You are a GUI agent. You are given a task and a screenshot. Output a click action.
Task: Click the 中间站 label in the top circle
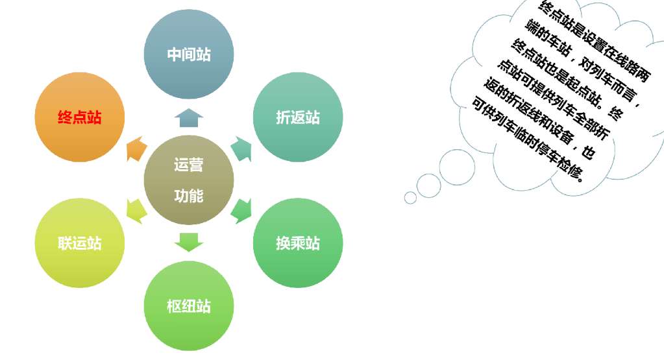(x=188, y=54)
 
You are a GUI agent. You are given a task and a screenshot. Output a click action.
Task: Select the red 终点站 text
(x=80, y=118)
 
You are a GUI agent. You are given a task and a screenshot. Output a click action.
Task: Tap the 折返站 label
(x=298, y=118)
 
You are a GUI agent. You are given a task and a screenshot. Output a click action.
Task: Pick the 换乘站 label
(x=298, y=244)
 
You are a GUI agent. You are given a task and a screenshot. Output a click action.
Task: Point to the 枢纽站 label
(x=188, y=306)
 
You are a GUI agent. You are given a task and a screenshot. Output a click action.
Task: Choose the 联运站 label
(x=80, y=244)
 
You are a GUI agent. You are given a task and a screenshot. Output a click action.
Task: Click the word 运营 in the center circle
(x=188, y=165)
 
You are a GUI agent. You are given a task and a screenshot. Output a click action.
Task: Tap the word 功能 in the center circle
(x=188, y=196)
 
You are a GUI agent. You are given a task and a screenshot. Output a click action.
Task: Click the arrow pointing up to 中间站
(x=188, y=117)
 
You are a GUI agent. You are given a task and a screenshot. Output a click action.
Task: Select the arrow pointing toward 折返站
(x=241, y=149)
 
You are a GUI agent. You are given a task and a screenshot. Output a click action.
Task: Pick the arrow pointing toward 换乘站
(x=241, y=210)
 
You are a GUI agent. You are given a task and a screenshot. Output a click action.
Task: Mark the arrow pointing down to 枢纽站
(x=188, y=241)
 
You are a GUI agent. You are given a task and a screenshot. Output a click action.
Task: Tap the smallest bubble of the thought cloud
(x=410, y=197)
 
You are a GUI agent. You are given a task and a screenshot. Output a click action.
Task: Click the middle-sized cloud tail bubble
(x=428, y=186)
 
